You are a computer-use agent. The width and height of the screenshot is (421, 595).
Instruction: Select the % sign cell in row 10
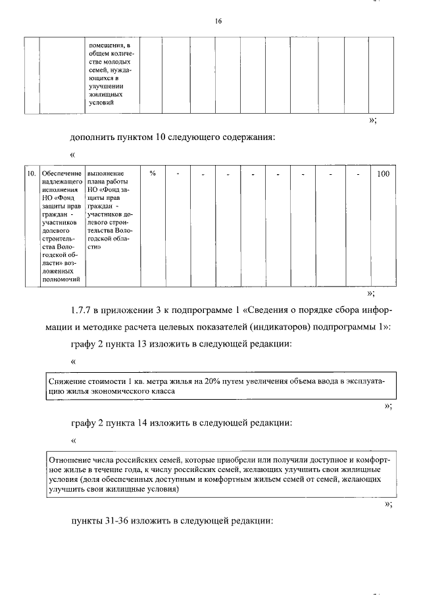pos(152,174)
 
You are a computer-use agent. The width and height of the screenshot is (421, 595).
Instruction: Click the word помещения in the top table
pos(107,45)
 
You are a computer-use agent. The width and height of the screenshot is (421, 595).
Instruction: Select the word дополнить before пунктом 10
pos(93,137)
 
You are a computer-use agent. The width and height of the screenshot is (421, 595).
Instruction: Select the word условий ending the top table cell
pos(101,103)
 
